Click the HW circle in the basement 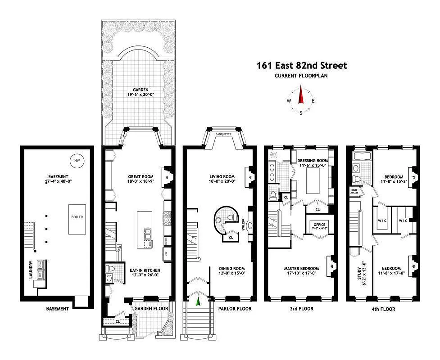(77, 160)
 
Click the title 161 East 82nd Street (302, 66)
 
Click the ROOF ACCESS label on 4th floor (354, 191)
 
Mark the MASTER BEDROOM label (301, 271)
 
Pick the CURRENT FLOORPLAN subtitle (301, 76)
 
